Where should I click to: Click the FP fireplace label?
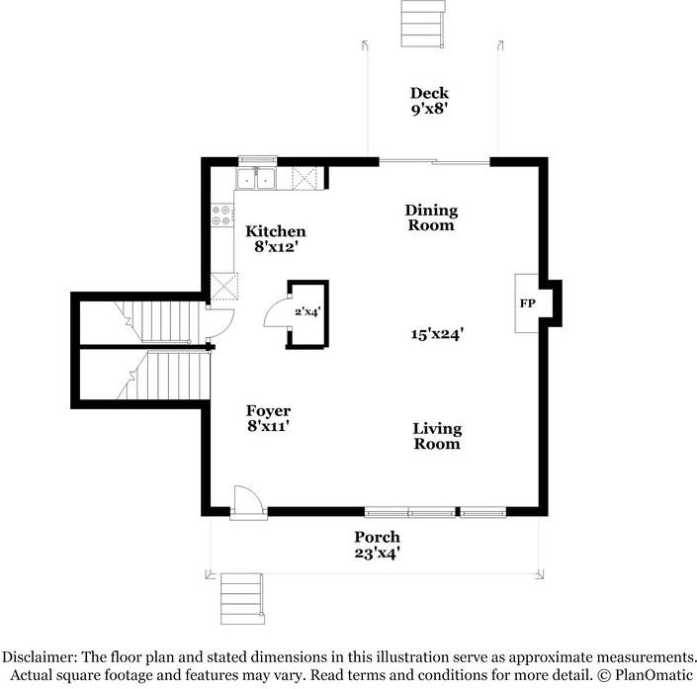pyautogui.click(x=527, y=303)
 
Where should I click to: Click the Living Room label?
pyautogui.click(x=437, y=436)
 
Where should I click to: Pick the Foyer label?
pyautogui.click(x=268, y=411)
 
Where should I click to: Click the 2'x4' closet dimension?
pyautogui.click(x=307, y=312)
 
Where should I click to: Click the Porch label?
pyautogui.click(x=378, y=538)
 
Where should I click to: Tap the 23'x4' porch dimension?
pyautogui.click(x=378, y=554)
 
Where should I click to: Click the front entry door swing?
pyautogui.click(x=247, y=502)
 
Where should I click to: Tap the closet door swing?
pyautogui.click(x=276, y=314)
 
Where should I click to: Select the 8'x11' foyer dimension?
pyautogui.click(x=268, y=427)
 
